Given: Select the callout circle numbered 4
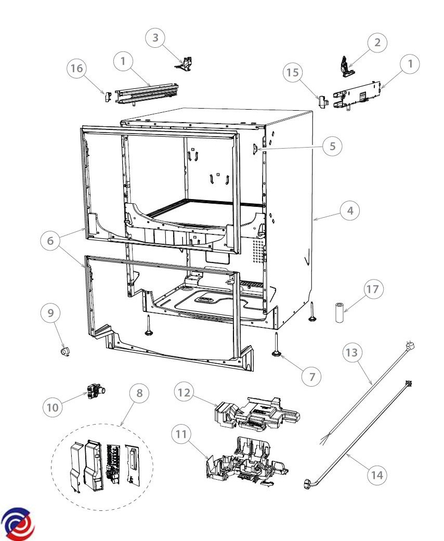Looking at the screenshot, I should (350, 210).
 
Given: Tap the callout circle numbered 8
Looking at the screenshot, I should (139, 393).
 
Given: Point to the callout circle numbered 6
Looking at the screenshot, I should (50, 241).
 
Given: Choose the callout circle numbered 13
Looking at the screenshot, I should (352, 353).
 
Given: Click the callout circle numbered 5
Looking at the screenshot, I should (332, 146).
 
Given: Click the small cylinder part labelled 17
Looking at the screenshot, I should (340, 313).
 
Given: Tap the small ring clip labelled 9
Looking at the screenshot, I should (65, 352).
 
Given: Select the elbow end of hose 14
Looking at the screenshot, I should (307, 484).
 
